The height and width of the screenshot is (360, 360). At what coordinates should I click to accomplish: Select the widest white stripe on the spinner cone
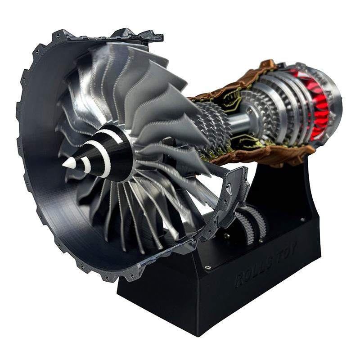coord(104,155)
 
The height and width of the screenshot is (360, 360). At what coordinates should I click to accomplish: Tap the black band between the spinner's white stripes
coord(94,160)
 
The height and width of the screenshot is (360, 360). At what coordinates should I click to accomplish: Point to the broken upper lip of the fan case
coord(135,35)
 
